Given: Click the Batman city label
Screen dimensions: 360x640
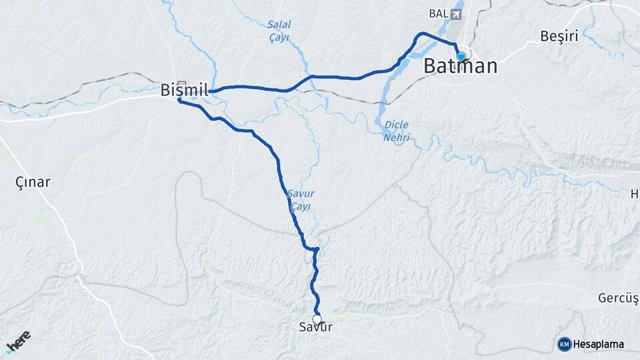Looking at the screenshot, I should click(x=461, y=67).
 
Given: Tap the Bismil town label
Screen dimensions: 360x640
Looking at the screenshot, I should click(x=185, y=90).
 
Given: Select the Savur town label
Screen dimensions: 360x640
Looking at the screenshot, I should click(x=316, y=328).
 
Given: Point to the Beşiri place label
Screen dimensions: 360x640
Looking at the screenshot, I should click(x=559, y=36).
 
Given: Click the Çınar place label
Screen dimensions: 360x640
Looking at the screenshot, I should click(x=33, y=181).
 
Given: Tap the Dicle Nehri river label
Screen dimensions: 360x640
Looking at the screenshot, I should click(x=396, y=131).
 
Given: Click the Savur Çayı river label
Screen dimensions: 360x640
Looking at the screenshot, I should click(x=300, y=199).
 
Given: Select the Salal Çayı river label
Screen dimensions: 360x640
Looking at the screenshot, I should click(x=279, y=31).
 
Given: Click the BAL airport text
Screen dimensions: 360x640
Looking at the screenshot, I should click(x=437, y=13).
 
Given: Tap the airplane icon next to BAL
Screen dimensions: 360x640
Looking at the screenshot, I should click(x=457, y=13).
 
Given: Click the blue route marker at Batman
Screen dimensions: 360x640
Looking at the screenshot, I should click(x=461, y=57).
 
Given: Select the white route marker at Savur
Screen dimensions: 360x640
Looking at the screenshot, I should click(x=317, y=319).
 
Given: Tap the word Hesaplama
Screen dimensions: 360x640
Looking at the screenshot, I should click(x=599, y=344).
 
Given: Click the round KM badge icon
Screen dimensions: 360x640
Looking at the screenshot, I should click(x=564, y=344).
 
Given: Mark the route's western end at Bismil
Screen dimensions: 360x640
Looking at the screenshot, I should click(x=179, y=100).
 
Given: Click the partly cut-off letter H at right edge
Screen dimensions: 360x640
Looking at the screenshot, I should click(x=635, y=194).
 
